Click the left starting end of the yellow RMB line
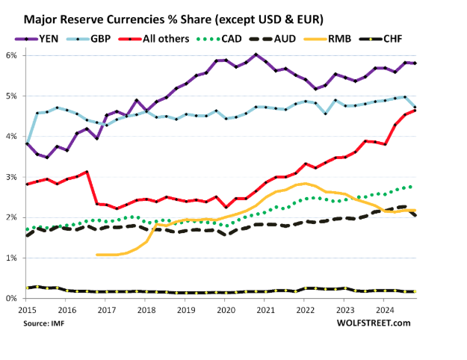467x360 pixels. click(x=97, y=255)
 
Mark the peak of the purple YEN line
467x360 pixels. click(x=256, y=55)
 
